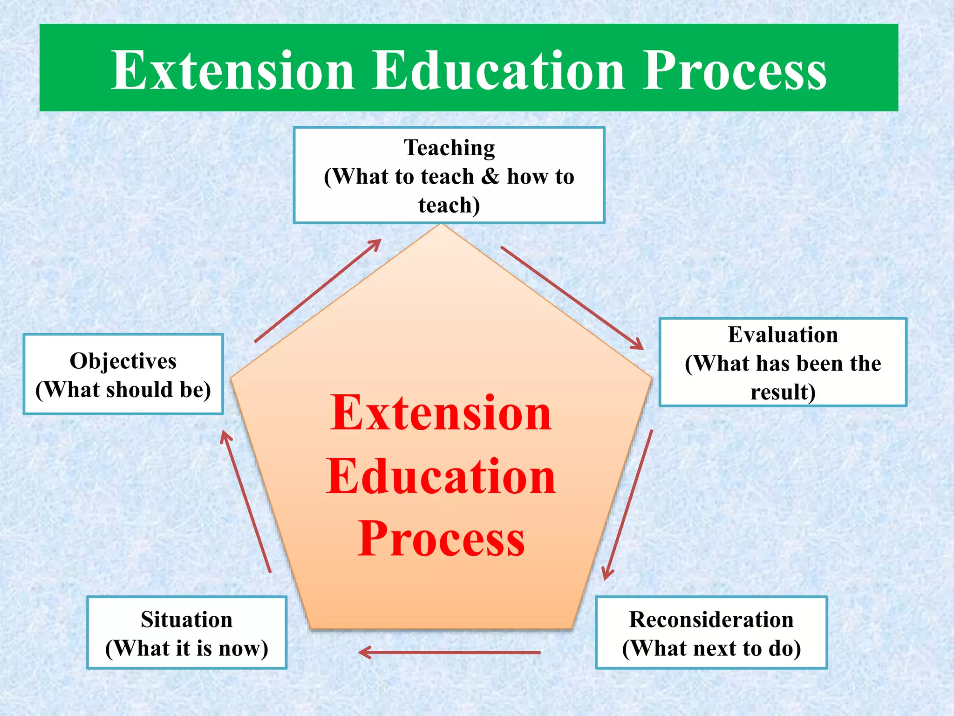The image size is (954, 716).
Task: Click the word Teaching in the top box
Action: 449,148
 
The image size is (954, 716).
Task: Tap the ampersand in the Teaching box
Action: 490,177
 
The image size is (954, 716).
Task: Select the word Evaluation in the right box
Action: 783,335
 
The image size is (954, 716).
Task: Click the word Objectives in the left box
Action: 123,361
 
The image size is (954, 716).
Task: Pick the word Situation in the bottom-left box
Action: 186,620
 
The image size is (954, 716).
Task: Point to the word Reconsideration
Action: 711,620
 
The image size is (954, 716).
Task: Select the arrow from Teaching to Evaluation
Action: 572,298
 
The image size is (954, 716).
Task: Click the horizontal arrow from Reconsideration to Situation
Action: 450,652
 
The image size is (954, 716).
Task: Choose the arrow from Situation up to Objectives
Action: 246,502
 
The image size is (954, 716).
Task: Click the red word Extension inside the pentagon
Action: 441,413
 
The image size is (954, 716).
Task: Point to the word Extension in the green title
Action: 233,71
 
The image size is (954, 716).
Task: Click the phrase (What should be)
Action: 123,390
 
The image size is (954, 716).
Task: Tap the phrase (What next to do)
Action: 711,648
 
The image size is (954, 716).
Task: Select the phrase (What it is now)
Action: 186,648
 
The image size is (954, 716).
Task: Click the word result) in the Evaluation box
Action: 783,392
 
